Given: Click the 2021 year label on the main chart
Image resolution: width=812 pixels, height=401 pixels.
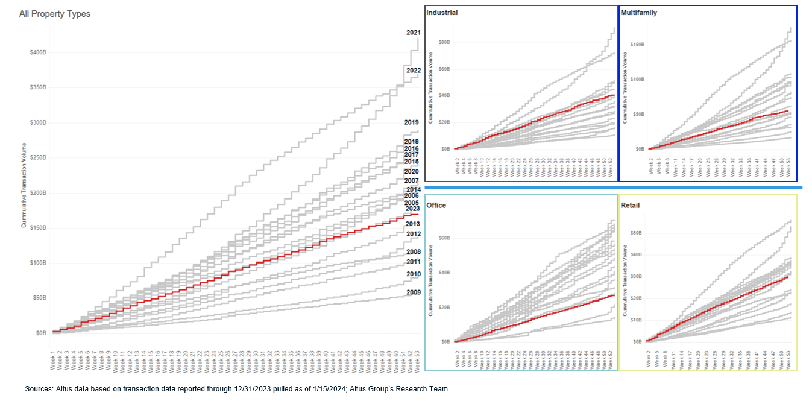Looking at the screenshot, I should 413,33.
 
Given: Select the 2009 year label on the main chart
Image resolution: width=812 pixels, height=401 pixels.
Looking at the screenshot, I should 413,292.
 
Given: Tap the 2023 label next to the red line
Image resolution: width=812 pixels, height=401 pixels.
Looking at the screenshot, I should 413,209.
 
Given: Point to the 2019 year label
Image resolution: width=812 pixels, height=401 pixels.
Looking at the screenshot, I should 411,122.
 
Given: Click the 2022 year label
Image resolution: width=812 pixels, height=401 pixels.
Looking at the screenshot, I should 413,71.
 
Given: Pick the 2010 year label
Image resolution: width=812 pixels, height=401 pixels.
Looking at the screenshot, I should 413,274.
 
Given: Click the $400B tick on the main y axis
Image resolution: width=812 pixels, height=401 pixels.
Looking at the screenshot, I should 38,52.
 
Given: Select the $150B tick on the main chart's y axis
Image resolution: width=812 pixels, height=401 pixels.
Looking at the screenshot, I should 38,228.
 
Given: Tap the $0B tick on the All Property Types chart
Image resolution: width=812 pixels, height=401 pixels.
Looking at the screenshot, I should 41,333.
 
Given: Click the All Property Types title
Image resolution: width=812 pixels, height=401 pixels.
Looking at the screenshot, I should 54,14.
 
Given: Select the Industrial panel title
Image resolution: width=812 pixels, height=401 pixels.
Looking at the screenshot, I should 442,13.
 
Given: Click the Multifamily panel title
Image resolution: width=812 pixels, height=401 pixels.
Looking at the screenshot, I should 638,13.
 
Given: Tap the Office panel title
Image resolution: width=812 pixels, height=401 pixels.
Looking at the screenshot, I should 436,206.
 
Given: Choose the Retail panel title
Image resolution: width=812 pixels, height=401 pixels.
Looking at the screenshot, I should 630,206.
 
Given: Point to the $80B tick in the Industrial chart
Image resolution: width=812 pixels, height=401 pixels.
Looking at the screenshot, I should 444,42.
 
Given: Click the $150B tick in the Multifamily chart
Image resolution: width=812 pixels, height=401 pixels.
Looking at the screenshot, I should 637,44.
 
